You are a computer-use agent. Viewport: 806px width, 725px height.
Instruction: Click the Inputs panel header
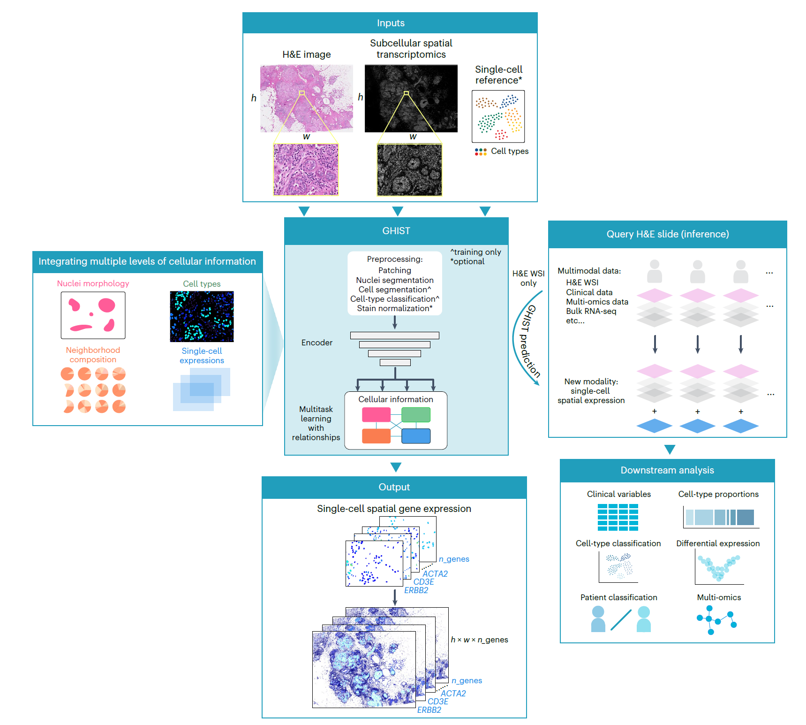click(x=390, y=23)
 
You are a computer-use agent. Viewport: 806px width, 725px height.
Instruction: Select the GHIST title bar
click(x=396, y=231)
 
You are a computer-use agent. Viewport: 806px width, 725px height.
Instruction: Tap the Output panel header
click(x=394, y=487)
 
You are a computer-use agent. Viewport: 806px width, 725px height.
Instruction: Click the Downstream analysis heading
click(x=667, y=470)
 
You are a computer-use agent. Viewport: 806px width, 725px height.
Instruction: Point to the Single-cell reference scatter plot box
click(x=498, y=116)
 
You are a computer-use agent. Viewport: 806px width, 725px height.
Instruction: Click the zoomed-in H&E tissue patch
click(x=306, y=169)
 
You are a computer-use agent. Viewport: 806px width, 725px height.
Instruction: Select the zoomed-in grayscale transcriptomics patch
click(x=409, y=169)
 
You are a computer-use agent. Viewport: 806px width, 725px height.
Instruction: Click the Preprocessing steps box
click(x=395, y=283)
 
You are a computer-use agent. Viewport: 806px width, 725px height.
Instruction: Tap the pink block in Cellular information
click(x=376, y=415)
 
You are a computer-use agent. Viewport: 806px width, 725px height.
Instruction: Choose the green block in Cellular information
click(x=416, y=415)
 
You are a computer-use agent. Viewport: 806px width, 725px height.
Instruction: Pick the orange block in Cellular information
click(x=376, y=436)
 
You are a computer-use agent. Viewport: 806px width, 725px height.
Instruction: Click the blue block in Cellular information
click(x=416, y=436)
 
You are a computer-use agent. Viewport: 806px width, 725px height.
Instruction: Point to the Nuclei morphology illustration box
click(x=93, y=315)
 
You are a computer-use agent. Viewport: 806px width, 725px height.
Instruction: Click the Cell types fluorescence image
click(x=202, y=316)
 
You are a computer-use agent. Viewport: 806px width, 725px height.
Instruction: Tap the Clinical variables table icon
click(x=618, y=517)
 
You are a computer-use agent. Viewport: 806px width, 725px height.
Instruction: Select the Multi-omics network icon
click(x=716, y=620)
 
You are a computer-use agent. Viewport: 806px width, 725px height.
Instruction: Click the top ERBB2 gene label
click(x=416, y=590)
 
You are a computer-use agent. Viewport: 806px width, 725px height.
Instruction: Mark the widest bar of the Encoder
click(x=395, y=336)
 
